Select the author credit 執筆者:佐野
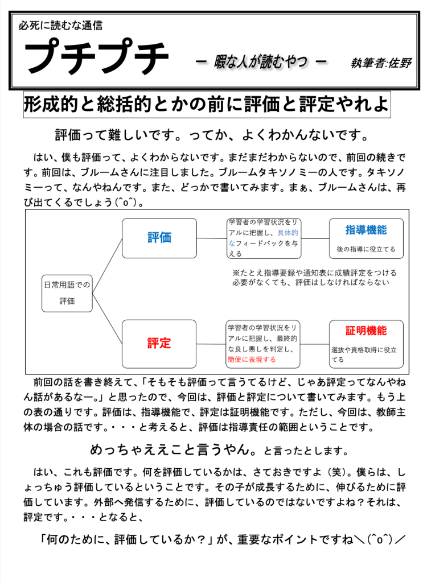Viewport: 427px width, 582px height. (x=381, y=63)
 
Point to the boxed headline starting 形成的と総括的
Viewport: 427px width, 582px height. (x=207, y=105)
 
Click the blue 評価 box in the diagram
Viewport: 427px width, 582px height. (x=159, y=238)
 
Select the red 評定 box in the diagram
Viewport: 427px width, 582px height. (x=159, y=343)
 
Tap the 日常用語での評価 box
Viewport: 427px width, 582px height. (x=67, y=292)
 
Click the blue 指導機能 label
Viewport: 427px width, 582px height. (x=366, y=230)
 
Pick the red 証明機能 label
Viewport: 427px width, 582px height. (x=366, y=331)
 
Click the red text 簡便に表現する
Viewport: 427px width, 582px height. (x=251, y=360)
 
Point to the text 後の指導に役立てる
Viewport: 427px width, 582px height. (x=366, y=249)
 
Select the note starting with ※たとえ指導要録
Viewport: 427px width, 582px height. (x=314, y=277)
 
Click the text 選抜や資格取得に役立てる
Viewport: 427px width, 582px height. (x=364, y=355)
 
